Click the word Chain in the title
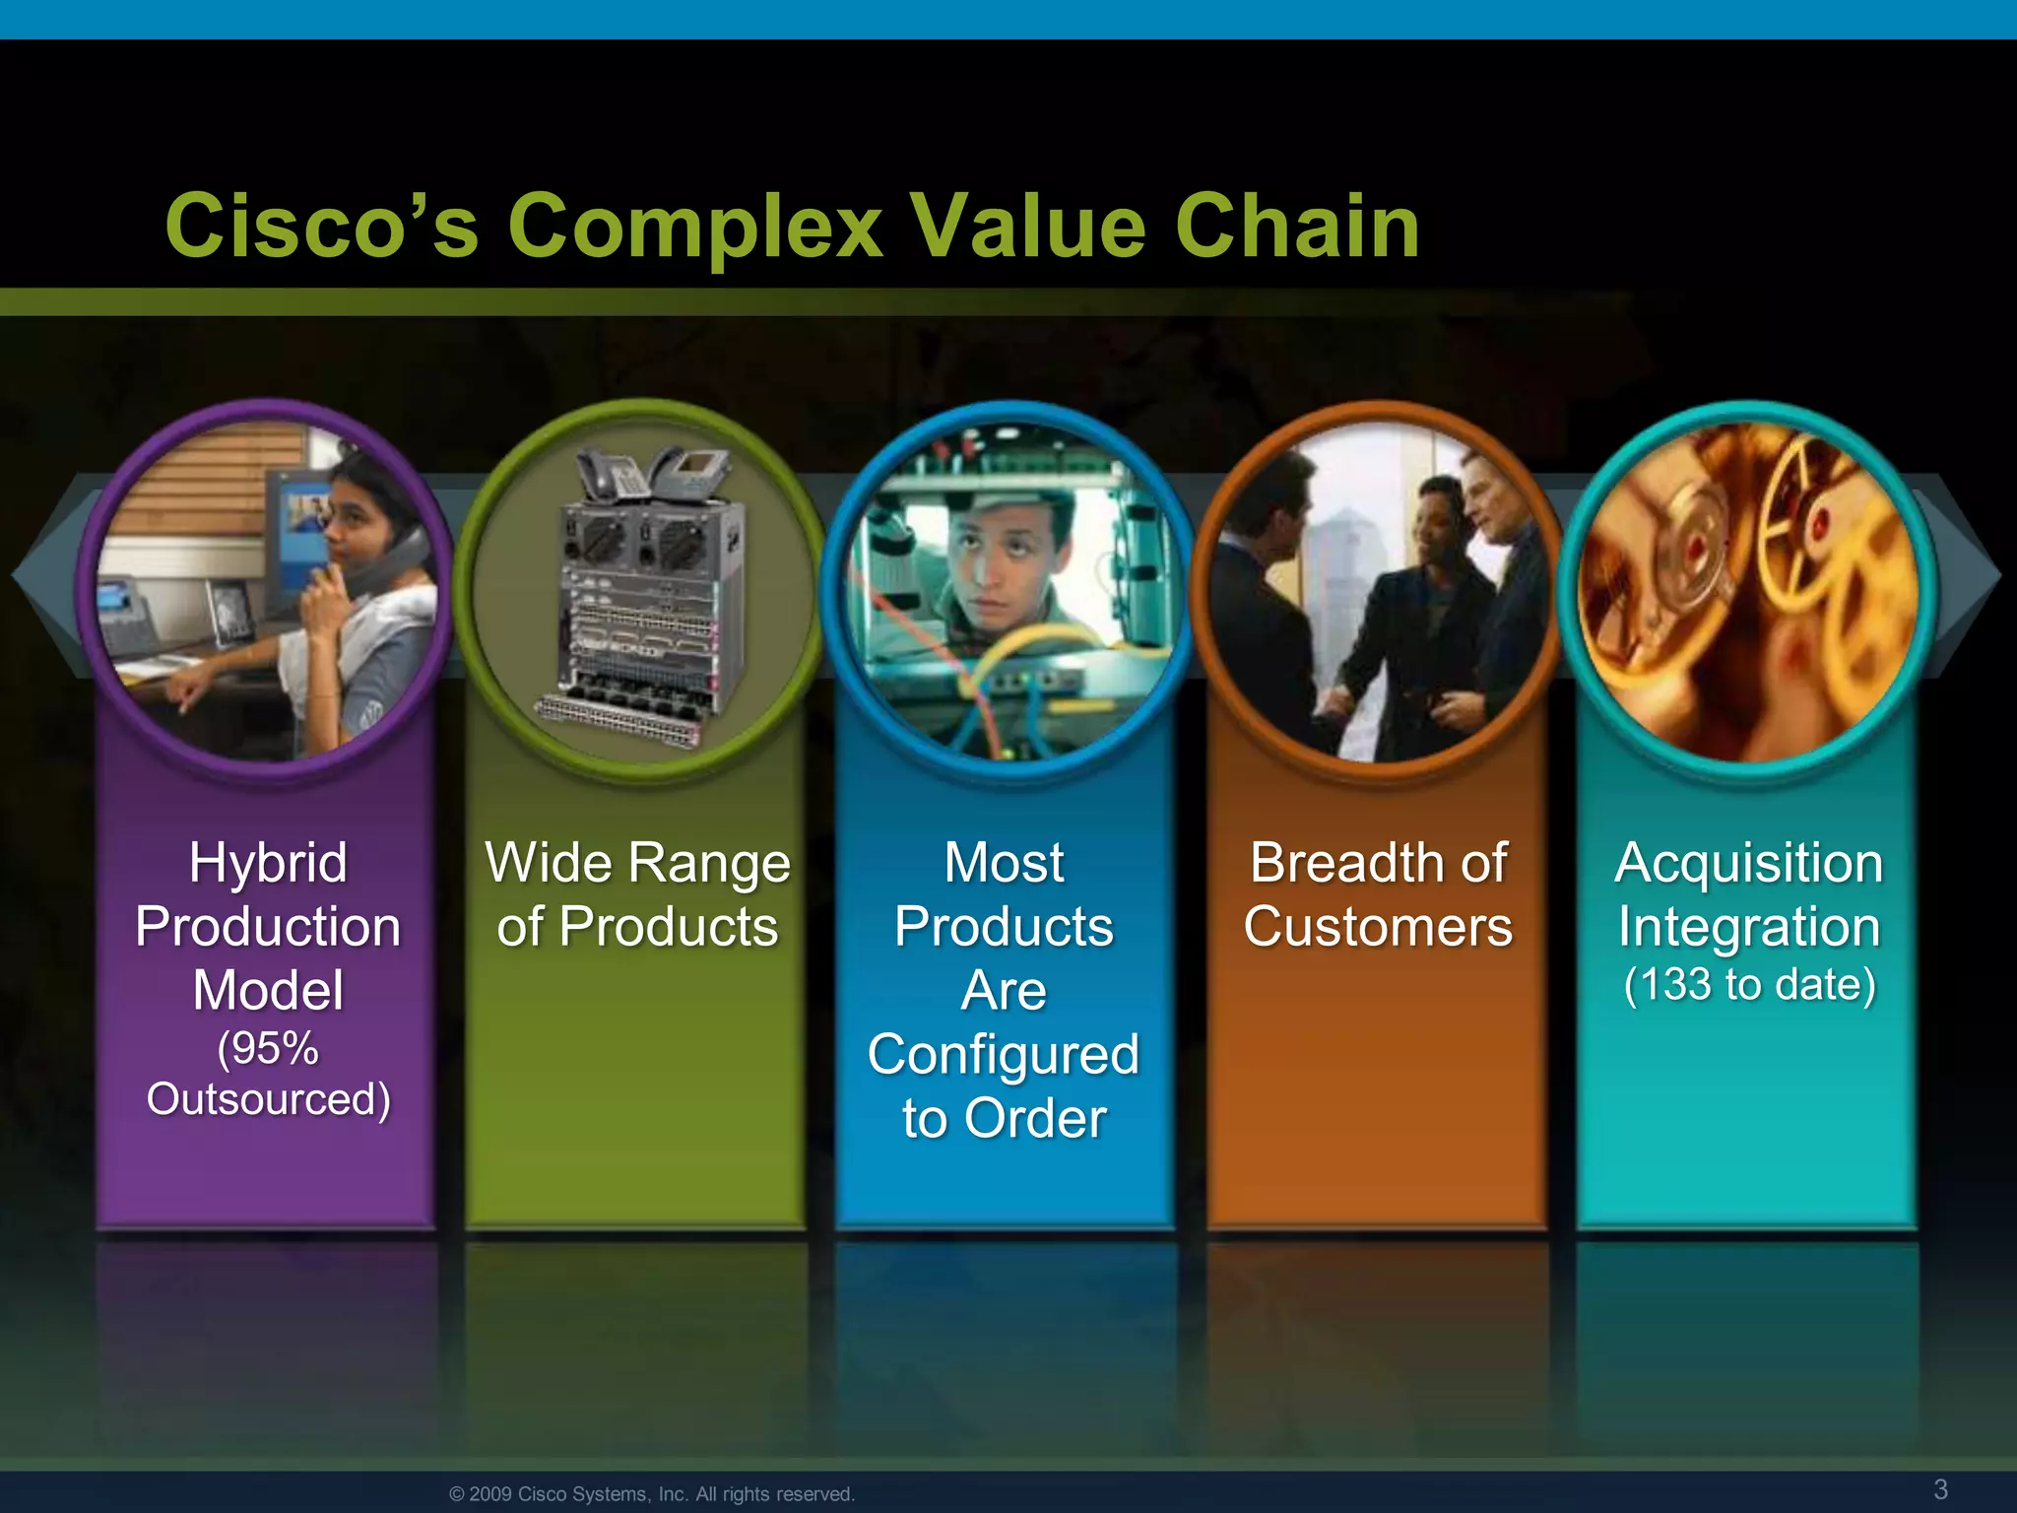1296,227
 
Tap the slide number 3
1940,1488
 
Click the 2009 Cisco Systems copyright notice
651,1494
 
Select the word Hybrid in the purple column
268,864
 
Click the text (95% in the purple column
268,1048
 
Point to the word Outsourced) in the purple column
268,1099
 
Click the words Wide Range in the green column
637,864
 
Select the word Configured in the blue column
1004,1055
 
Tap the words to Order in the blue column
1004,1119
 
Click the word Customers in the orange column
1377,928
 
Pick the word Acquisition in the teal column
1749,864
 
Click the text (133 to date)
1749,985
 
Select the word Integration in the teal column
1749,928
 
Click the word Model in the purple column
268,991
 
